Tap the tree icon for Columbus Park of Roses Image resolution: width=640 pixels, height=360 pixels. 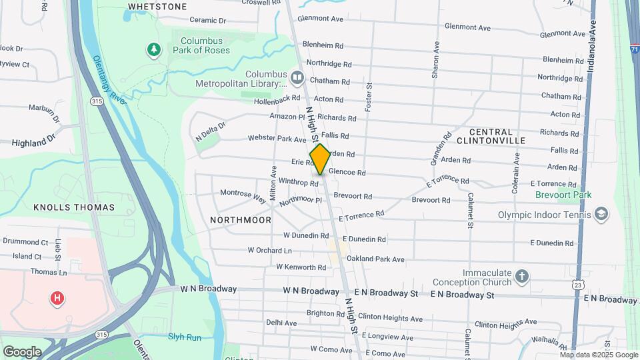point(154,49)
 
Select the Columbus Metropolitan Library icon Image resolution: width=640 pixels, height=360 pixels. point(297,79)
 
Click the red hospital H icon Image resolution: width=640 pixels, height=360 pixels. point(57,298)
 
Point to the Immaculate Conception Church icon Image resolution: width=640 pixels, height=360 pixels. point(522,275)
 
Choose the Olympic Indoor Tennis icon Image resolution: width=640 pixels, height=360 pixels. point(601,214)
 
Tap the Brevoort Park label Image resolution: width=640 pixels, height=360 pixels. point(563,195)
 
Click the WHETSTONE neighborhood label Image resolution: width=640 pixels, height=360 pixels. point(157,7)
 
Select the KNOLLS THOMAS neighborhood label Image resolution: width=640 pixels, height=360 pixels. point(74,207)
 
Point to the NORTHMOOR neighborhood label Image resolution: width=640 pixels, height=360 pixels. point(241,220)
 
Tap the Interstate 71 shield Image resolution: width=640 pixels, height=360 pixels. point(635,49)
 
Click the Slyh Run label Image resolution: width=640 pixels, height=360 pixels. point(185,337)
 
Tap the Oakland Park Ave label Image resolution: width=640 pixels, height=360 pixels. point(375,259)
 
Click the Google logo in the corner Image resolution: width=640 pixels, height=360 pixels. point(22,351)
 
